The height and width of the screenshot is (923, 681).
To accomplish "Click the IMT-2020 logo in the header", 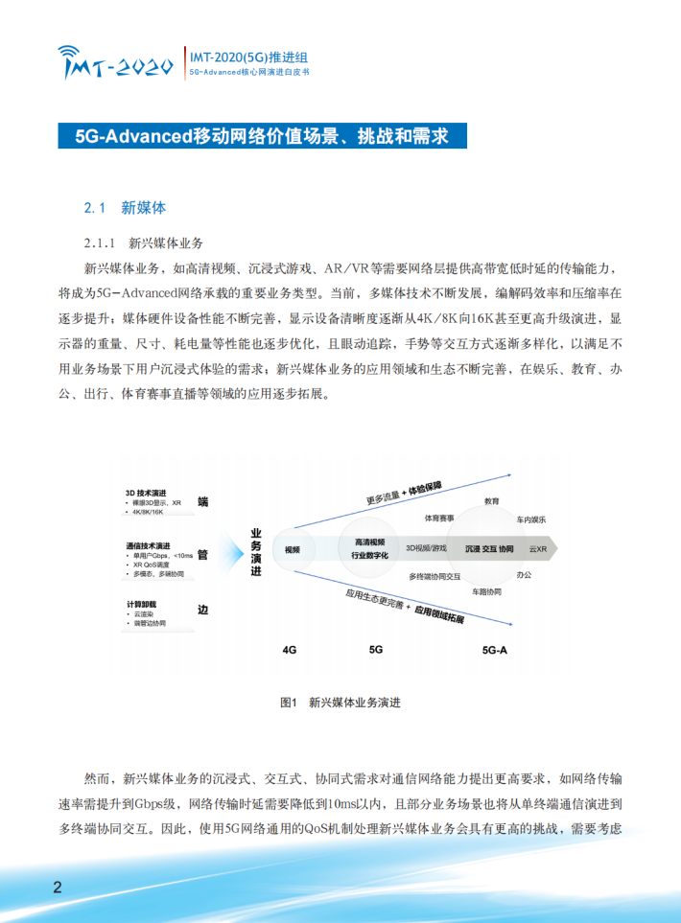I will [x=113, y=62].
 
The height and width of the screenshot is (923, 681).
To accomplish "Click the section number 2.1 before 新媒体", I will [x=94, y=207].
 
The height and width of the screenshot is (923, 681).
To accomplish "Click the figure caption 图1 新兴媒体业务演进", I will [x=340, y=703].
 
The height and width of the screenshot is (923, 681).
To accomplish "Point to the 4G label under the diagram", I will [x=290, y=649].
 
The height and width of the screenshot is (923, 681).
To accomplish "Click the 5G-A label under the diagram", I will [x=494, y=649].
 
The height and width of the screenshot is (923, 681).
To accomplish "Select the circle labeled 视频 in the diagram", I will [x=292, y=550].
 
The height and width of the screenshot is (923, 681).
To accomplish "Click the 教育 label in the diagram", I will [x=491, y=501].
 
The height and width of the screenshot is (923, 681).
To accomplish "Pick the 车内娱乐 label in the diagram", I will [x=530, y=519].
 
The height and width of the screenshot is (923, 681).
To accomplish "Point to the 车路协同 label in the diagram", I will [x=486, y=591].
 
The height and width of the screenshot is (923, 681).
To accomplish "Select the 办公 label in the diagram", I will [x=524, y=574].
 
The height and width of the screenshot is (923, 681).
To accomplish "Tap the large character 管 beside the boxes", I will [x=202, y=554].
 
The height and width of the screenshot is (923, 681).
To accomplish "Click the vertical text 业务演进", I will [x=255, y=550].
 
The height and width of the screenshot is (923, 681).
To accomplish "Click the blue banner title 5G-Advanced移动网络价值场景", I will [x=263, y=135].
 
